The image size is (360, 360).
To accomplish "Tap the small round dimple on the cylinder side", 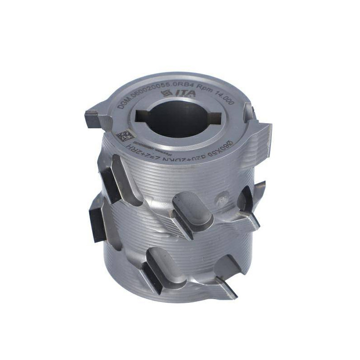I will tap(222, 197).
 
